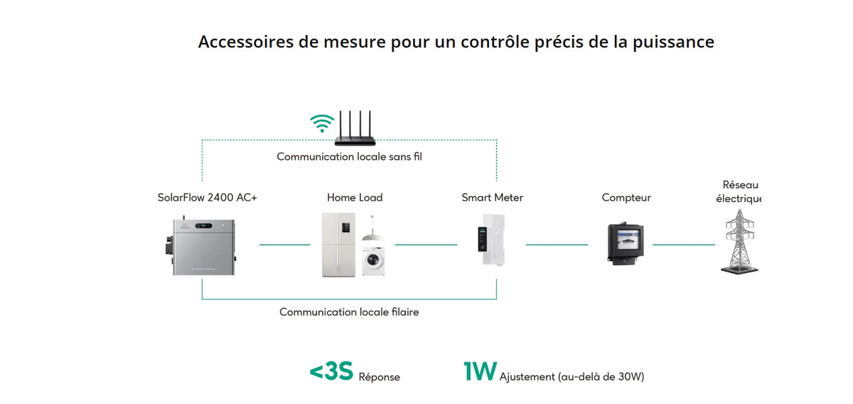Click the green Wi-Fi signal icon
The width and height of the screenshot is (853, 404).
(322, 124)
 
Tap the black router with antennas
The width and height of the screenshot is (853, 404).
(355, 129)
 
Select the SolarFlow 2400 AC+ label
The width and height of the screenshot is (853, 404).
(207, 198)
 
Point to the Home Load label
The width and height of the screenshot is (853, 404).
(355, 198)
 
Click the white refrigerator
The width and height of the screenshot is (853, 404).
(338, 245)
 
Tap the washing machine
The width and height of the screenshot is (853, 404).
(373, 261)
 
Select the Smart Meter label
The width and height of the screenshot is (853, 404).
(492, 198)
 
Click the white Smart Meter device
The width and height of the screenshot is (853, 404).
(492, 240)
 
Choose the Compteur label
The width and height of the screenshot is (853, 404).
(626, 198)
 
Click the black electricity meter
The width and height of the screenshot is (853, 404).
(626, 243)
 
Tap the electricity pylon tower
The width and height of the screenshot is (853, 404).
(739, 242)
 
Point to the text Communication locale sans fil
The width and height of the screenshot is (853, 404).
(349, 156)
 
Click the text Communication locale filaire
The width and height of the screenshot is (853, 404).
(349, 312)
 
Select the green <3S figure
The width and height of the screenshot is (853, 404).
(332, 371)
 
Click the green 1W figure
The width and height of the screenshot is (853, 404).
(481, 371)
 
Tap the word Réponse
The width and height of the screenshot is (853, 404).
(380, 377)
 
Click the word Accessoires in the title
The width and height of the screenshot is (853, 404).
(246, 41)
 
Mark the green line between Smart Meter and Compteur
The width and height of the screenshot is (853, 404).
(557, 245)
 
